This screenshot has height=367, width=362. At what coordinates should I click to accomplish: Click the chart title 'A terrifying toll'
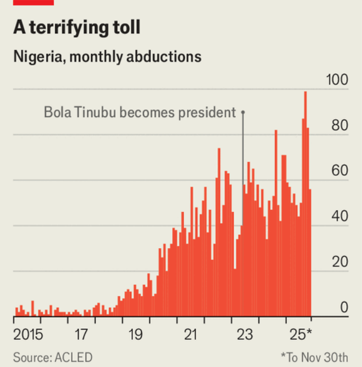pos(77,28)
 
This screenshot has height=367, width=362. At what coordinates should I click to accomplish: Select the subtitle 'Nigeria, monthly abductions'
pos(107,56)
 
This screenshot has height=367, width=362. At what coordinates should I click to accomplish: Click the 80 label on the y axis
pos(340,126)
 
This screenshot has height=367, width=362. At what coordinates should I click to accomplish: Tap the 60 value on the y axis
pos(340,172)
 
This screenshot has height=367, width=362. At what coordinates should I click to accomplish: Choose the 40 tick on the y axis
pos(340,217)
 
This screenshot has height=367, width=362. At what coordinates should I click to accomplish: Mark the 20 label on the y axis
pos(340,263)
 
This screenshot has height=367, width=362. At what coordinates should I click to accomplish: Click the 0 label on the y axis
pos(344,307)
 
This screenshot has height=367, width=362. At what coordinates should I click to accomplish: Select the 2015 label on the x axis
pos(29,335)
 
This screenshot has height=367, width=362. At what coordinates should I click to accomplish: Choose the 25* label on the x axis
pos(302,335)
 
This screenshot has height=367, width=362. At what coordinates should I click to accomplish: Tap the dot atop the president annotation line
pos(243,112)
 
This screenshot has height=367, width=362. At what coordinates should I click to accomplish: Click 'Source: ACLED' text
pos(53,357)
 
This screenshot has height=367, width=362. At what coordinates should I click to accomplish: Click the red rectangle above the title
pos(33,2)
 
